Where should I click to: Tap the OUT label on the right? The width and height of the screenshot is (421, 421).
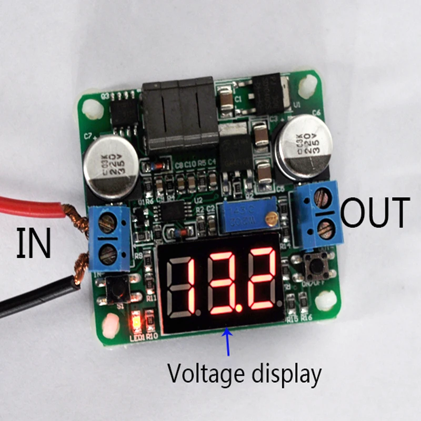374,213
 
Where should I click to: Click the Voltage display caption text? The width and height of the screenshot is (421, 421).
244,374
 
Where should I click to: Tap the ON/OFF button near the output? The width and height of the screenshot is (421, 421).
316,266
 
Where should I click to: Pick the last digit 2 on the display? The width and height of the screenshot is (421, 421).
262,279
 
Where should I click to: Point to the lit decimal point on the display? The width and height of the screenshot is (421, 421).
239,307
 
